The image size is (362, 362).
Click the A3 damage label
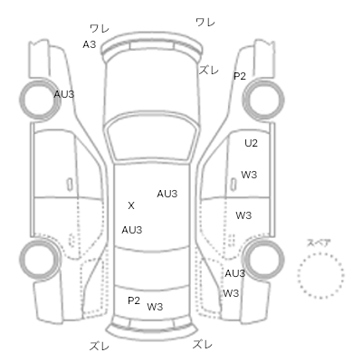tap(90, 44)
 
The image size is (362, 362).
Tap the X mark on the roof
tap(131, 205)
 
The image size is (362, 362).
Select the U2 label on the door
tap(251, 143)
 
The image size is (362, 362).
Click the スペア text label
tap(319, 243)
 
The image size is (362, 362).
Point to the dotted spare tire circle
tap(320, 253)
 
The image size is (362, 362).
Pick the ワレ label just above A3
tap(100, 29)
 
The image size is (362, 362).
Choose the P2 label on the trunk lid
tap(134, 300)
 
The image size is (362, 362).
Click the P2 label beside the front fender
tap(240, 76)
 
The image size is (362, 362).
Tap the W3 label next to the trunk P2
tap(155, 307)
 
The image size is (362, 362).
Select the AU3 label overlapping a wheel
tap(64, 94)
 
